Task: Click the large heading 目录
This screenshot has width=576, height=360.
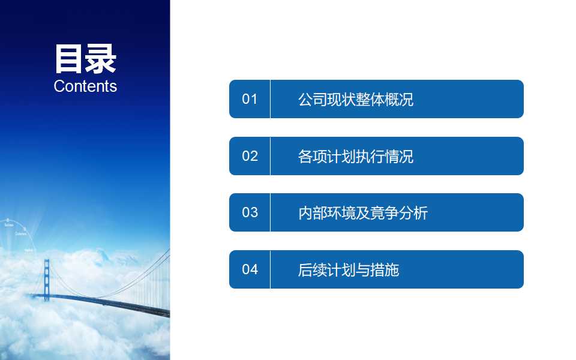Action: coord(85,59)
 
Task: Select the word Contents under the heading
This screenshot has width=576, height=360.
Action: coord(85,86)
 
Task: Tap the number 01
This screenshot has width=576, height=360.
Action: coord(250,99)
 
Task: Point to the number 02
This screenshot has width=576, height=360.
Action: coord(250,156)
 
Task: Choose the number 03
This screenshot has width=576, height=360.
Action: coord(250,212)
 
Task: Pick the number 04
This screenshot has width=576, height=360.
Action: coord(250,269)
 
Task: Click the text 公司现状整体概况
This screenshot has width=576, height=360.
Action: coord(356,100)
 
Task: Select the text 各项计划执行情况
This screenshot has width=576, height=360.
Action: coord(356,157)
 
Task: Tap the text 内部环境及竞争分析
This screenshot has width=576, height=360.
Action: coord(363,213)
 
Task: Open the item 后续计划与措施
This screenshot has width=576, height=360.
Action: coord(349,270)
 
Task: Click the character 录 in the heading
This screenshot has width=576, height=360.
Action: coord(101,59)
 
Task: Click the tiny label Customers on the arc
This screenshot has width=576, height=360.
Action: coord(20,237)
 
